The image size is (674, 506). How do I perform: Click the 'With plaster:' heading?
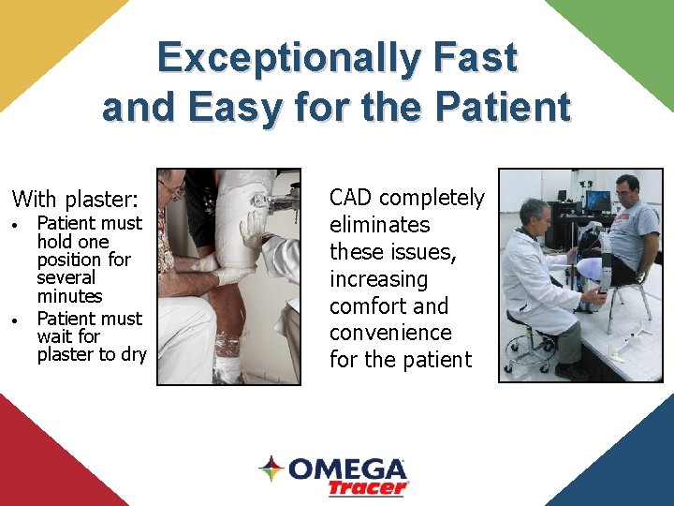(75, 199)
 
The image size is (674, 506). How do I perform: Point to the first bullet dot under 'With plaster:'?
(16, 226)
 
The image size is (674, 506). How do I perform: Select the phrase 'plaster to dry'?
(92, 354)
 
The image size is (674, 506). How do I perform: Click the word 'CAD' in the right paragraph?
(351, 198)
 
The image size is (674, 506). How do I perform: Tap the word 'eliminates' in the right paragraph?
(379, 225)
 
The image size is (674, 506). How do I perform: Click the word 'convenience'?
(390, 333)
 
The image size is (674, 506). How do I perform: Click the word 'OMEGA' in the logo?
(347, 469)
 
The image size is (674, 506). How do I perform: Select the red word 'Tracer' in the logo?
(368, 487)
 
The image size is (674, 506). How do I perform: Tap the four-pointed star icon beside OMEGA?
(271, 469)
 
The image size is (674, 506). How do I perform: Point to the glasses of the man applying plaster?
(172, 191)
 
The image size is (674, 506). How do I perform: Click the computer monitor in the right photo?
(597, 200)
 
